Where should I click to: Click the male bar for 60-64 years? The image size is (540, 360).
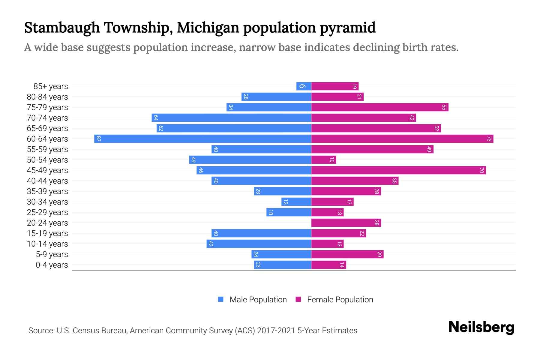coord(202,139)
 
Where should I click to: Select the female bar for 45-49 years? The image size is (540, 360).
coord(398,170)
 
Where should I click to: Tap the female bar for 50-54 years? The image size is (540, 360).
coord(323,160)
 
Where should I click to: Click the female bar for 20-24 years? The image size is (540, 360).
coord(346,223)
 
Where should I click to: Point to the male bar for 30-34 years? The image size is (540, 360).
coord(296,202)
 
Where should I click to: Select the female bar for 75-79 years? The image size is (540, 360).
coord(379,107)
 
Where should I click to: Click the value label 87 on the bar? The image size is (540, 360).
coord(98,139)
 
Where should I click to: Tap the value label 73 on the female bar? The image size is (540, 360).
coord(489,139)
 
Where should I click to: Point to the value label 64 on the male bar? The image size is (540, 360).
coord(156,118)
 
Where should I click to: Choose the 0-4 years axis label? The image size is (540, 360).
coord(52,265)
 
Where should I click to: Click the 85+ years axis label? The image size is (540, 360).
coord(50,86)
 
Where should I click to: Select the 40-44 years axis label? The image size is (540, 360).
coord(47,181)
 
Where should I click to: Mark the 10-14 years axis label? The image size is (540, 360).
coord(47,244)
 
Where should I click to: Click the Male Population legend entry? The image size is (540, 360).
coord(258,300)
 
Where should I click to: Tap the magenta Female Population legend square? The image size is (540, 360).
coord(298,299)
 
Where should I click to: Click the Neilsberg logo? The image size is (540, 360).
coord(481,327)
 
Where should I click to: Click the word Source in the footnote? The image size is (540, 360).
coord(40,331)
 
